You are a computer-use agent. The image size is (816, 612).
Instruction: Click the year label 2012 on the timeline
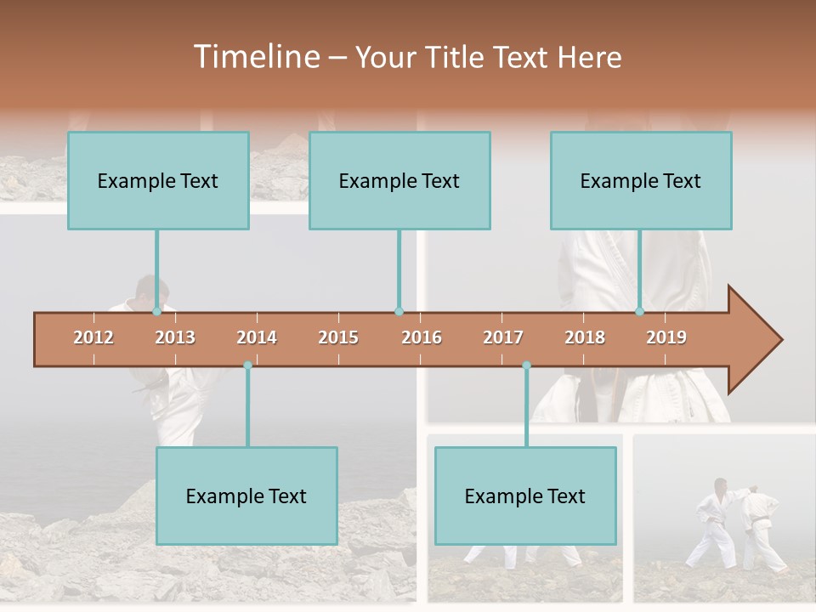[93, 337]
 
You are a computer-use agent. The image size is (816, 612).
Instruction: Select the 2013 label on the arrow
[175, 337]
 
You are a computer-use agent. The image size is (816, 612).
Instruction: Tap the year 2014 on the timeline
[257, 337]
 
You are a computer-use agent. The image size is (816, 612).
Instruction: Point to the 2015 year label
[338, 337]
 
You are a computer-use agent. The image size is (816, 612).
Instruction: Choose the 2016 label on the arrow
[422, 337]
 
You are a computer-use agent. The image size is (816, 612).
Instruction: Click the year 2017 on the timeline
[503, 337]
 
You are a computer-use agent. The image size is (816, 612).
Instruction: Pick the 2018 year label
[585, 337]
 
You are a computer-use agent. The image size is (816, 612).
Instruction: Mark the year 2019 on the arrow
[666, 337]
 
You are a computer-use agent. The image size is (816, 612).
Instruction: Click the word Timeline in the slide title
[255, 57]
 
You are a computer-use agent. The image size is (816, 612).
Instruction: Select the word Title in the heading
[456, 57]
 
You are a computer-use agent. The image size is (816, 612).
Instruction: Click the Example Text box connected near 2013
[158, 180]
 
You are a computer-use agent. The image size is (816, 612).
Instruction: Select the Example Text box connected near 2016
[399, 180]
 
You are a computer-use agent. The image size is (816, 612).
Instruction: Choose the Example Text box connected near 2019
[641, 180]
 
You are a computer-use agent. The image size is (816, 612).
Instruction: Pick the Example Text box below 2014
[246, 496]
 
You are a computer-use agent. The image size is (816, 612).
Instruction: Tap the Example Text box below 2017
[525, 496]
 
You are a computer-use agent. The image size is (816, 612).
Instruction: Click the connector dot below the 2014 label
[247, 365]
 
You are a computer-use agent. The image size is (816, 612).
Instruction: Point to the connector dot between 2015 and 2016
[399, 312]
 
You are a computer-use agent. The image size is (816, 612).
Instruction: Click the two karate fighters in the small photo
[738, 523]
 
